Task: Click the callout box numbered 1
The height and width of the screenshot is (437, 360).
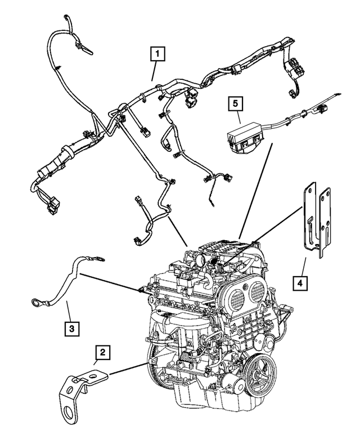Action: coord(157,55)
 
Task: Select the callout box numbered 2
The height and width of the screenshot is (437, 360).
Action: coord(102,353)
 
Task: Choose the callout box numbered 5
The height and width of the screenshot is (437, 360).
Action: coord(236,103)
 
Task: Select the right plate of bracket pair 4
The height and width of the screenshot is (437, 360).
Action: coord(324,222)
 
